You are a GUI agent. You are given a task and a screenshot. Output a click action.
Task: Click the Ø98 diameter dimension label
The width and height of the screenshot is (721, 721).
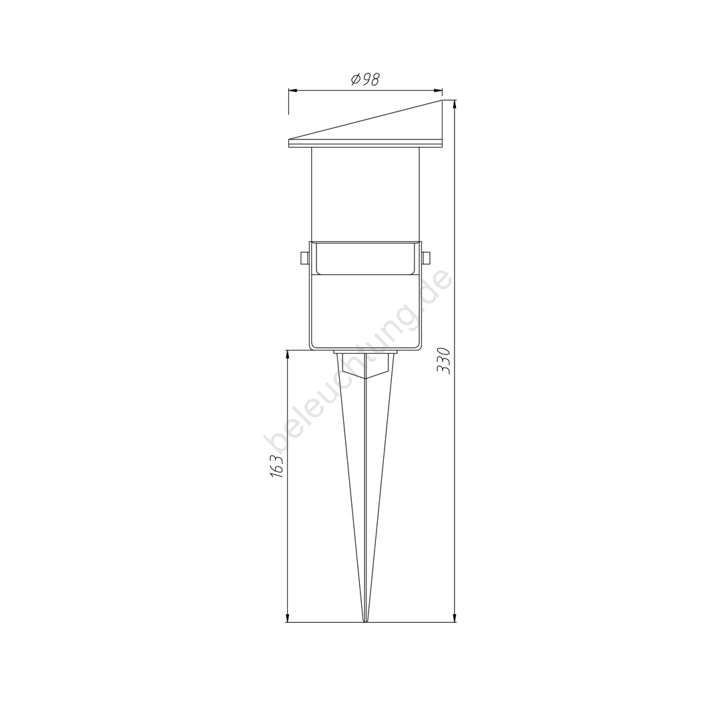coord(365,79)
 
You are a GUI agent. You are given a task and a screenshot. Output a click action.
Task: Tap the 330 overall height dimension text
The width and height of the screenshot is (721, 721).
coord(445,361)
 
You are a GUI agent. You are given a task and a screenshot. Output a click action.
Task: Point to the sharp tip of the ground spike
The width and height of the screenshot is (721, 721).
coord(365,622)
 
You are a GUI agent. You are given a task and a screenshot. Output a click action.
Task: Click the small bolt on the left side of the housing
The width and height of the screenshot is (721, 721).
coord(304,258)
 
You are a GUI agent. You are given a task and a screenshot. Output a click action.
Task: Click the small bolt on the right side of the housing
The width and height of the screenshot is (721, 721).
coord(426,258)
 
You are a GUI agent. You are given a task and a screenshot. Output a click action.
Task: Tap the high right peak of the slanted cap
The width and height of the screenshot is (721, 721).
coord(442,101)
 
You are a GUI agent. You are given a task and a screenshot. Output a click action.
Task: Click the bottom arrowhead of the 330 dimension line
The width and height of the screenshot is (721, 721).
coord(455,617)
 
